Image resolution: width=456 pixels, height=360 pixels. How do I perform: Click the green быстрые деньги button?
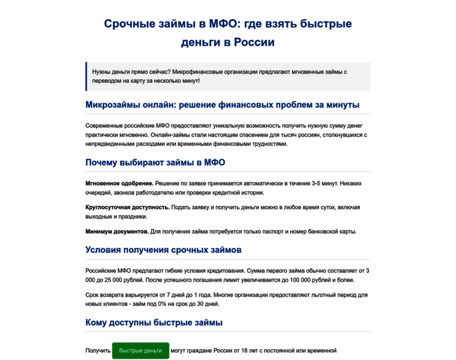point(140,350)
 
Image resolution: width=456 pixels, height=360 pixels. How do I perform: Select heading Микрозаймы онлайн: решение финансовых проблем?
point(222,105)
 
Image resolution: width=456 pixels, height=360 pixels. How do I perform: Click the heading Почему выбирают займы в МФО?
point(155,163)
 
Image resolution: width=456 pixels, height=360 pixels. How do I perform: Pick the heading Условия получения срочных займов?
point(163,250)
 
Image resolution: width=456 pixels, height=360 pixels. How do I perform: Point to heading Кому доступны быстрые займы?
point(154,323)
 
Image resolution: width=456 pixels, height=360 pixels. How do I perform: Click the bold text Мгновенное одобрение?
point(119,183)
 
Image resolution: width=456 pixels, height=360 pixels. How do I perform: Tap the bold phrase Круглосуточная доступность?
point(127,207)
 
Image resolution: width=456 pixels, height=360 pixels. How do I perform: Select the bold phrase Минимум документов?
point(116,231)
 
